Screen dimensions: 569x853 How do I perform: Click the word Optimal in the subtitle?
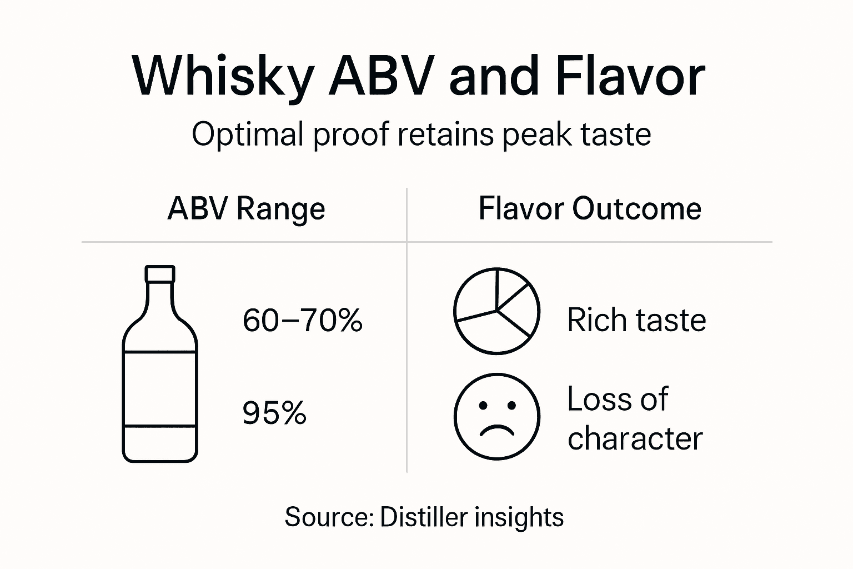pyautogui.click(x=248, y=135)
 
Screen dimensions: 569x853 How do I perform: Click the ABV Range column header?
pyautogui.click(x=246, y=209)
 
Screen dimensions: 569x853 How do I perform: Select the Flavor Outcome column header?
pyautogui.click(x=590, y=209)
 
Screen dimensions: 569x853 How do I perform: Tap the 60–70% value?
pyautogui.click(x=303, y=321)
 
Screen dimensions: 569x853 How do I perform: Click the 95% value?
pyautogui.click(x=274, y=413)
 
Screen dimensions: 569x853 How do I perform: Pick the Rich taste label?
pyautogui.click(x=636, y=321)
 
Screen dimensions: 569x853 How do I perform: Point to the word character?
pyautogui.click(x=635, y=438)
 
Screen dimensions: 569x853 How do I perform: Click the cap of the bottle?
pyautogui.click(x=160, y=274)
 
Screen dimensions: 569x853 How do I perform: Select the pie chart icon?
pyautogui.click(x=496, y=311)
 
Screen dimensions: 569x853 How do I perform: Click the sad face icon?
pyautogui.click(x=496, y=417)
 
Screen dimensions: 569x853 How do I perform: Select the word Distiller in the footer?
pyautogui.click(x=424, y=517)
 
